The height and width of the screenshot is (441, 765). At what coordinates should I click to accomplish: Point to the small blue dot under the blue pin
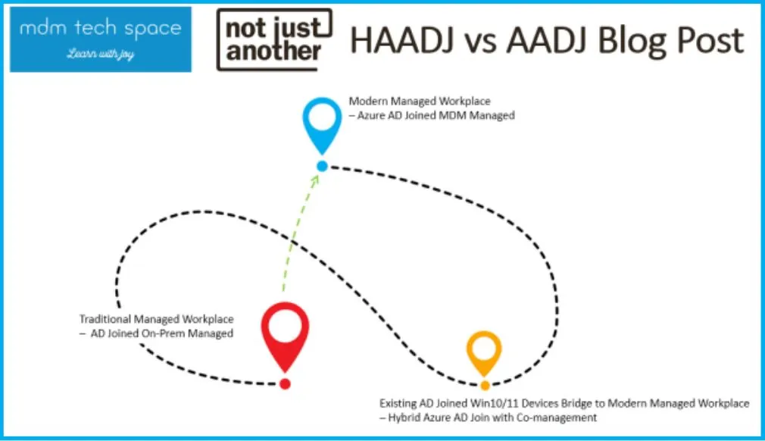pos(322,167)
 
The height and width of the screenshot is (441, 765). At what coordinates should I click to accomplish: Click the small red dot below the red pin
pos(285,384)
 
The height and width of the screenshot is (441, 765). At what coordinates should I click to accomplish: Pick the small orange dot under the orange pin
pos(485,386)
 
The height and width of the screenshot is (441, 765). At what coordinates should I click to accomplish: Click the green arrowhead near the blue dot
pos(314,180)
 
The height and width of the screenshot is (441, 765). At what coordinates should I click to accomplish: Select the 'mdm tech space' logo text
pos(101,28)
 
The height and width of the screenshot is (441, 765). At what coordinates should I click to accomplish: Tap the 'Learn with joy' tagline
pos(101,53)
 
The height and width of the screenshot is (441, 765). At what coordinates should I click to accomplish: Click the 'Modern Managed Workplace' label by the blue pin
pos(420,101)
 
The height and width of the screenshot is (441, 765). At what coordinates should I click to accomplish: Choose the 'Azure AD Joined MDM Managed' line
pos(432,116)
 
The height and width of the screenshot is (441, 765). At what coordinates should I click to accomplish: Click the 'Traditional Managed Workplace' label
pos(157,319)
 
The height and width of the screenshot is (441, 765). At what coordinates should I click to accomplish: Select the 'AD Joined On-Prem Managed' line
pos(157,333)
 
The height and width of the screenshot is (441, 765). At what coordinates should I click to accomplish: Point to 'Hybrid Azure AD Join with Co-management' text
pos(488,418)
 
